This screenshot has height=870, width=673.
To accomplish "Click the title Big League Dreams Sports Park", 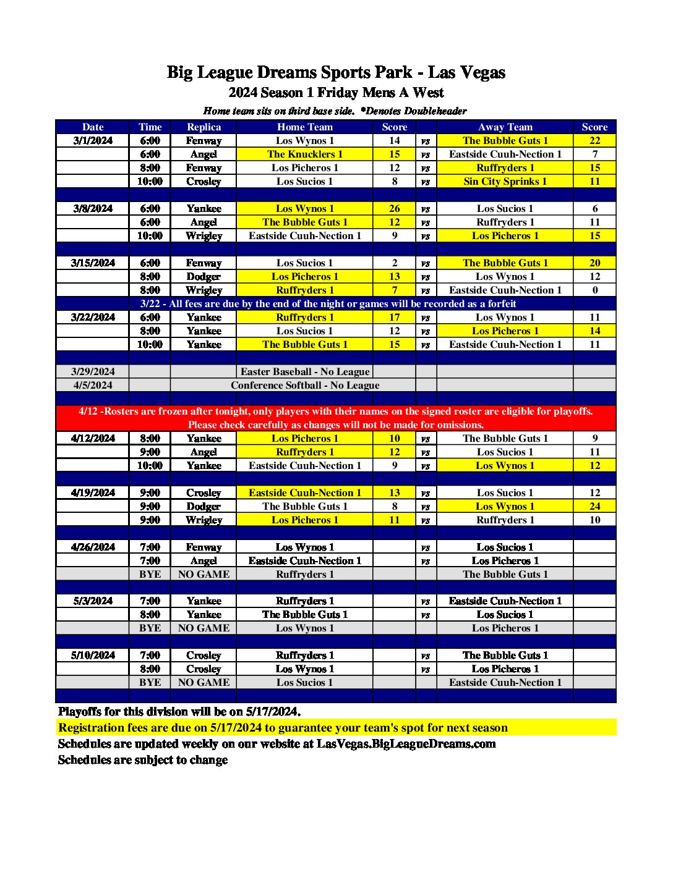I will point(336,72).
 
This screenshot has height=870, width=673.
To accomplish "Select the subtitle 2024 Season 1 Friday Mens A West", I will point(336,93).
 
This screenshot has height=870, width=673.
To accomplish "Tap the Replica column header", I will point(204,127).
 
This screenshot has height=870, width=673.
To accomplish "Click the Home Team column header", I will point(304,127).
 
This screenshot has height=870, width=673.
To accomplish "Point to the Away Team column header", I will point(505,127).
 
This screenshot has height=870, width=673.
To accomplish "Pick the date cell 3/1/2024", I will point(93,140).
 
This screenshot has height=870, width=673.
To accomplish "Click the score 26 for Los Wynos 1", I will point(394,208).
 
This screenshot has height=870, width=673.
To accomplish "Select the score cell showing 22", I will point(594,140).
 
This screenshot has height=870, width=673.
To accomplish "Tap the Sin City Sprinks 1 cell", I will point(505,181).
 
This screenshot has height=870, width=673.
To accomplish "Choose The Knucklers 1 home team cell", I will point(304,154).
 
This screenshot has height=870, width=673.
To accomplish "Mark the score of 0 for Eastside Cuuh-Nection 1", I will point(594,290).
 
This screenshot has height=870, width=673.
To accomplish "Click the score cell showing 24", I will point(594,506).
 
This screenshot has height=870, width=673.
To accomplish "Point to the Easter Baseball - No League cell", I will point(304,371).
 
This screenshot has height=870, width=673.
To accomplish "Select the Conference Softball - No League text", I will point(305,385).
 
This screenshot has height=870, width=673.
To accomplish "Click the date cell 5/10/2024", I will point(93,655).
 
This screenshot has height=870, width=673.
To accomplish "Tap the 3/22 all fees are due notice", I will point(328,303).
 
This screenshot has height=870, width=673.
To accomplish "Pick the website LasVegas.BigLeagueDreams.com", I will point(406,743).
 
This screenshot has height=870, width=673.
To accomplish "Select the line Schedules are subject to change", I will point(143,759).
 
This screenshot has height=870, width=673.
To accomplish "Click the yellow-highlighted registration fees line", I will point(283,727).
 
